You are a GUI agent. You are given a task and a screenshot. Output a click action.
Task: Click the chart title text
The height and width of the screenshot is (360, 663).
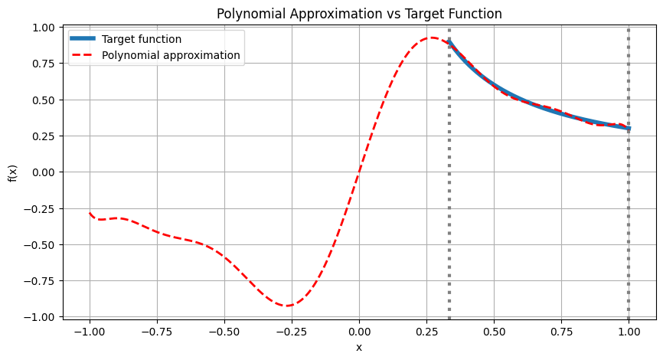click(x=359, y=14)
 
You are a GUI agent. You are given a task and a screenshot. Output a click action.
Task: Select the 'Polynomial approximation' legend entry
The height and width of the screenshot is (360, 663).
click(x=171, y=55)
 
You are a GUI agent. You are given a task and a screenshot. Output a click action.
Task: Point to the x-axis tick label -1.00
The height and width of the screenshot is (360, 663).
click(x=90, y=332)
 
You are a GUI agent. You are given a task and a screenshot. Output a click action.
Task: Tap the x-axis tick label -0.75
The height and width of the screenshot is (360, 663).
click(x=157, y=332)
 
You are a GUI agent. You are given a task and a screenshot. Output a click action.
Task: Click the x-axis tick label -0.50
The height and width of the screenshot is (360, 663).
click(x=224, y=332)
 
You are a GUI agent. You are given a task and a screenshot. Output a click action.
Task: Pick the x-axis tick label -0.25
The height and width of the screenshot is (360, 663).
click(x=292, y=332)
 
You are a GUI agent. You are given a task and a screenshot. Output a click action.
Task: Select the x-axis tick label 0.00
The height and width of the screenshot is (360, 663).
click(x=359, y=332)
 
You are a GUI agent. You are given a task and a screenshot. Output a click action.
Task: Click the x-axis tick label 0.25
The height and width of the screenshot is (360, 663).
click(x=426, y=332)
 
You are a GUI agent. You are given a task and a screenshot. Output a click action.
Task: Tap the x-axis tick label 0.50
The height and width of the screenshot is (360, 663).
click(x=494, y=332)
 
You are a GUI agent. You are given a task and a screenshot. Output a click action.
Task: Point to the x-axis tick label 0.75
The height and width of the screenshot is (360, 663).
click(x=561, y=332)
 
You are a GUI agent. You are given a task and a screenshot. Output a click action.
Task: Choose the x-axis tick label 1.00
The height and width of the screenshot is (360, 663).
click(x=629, y=332)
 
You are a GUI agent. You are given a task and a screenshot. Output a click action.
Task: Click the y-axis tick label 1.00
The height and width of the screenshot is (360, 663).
click(x=44, y=28)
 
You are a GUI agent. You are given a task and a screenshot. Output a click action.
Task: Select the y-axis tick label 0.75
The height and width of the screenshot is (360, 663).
click(x=44, y=64)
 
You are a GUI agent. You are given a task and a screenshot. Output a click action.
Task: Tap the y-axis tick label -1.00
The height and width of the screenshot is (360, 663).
click(x=41, y=316)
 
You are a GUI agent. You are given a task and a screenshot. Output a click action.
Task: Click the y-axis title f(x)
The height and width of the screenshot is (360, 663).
click(x=13, y=172)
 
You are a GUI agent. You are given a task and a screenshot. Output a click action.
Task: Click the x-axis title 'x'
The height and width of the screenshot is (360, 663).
click(x=359, y=347)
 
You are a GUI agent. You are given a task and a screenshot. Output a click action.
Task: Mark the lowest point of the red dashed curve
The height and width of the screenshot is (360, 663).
click(x=287, y=306)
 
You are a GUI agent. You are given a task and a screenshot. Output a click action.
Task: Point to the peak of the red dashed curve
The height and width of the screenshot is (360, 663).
click(x=432, y=38)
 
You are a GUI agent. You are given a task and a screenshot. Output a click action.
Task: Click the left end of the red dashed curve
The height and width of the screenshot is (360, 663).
click(x=90, y=213)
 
